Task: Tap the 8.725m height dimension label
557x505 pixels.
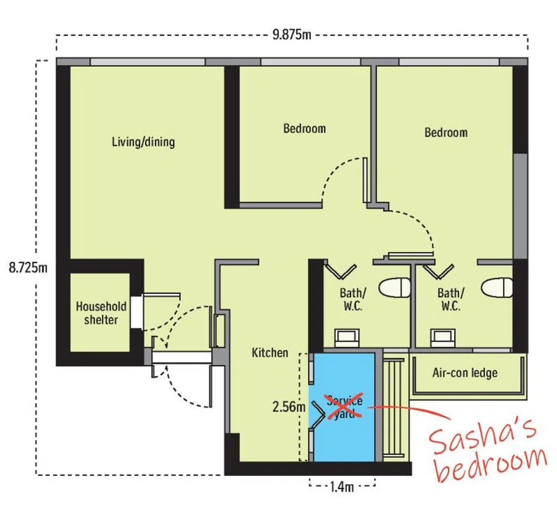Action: tap(28, 267)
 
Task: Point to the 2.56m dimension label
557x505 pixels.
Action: tap(289, 406)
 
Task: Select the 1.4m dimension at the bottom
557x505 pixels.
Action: tap(342, 486)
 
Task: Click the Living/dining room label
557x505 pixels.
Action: tap(143, 142)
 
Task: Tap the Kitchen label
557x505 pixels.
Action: tap(270, 353)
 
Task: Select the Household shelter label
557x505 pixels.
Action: tap(101, 313)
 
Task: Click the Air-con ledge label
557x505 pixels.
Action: tap(465, 373)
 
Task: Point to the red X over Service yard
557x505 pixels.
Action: tap(344, 406)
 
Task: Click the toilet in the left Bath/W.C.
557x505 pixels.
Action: tap(395, 288)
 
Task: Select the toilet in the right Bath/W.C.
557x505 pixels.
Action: tap(497, 288)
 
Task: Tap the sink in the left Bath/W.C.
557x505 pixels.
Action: tap(347, 338)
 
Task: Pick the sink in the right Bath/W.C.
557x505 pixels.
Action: tap(443, 338)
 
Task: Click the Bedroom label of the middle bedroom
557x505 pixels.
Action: tap(305, 128)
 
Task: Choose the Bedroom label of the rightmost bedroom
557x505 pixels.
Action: tap(446, 132)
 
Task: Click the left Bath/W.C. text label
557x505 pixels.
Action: tap(352, 300)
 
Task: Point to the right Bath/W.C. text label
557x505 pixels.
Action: tap(450, 300)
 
